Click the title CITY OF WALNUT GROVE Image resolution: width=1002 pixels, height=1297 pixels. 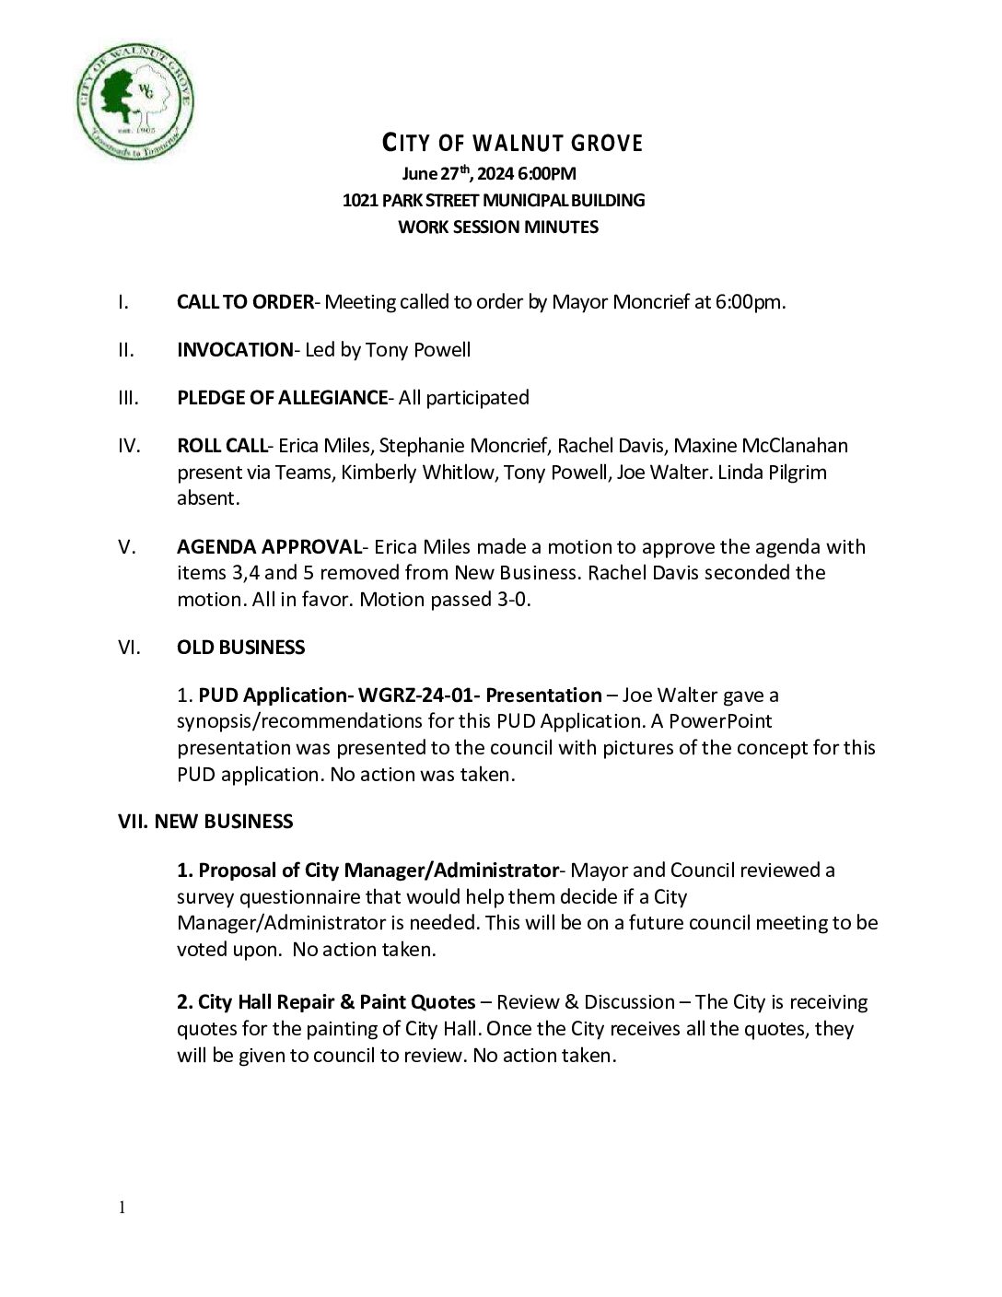(x=512, y=144)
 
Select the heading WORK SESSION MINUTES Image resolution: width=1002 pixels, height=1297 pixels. (x=497, y=227)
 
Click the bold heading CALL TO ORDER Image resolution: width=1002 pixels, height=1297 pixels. (x=245, y=302)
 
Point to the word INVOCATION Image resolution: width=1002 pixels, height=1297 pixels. (x=234, y=350)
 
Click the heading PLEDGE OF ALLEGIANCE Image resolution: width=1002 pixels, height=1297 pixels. (x=282, y=398)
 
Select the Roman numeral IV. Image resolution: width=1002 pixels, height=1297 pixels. (x=129, y=446)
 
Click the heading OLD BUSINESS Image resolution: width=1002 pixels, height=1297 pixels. (x=240, y=648)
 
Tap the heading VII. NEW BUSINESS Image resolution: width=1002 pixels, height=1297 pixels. (x=205, y=822)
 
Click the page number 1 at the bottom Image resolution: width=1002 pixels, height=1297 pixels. (x=121, y=1208)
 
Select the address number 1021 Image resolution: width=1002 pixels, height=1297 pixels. (x=360, y=200)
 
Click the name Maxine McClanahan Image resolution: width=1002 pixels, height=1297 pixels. (x=761, y=446)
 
